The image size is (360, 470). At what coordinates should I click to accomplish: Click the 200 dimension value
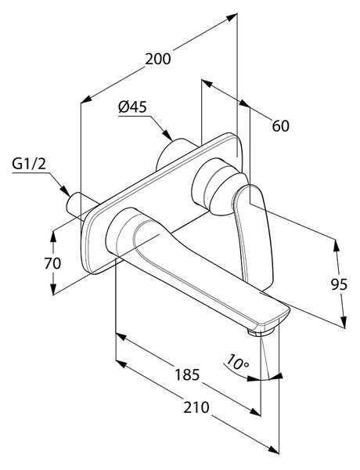click(x=158, y=59)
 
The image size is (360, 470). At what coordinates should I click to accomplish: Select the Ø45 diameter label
click(x=132, y=107)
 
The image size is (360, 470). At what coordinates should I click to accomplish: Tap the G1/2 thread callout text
click(x=29, y=164)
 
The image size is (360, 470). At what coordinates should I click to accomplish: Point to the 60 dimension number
click(x=281, y=126)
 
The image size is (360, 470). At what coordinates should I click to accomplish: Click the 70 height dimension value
click(x=52, y=263)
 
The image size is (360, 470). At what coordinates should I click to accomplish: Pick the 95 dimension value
click(x=339, y=284)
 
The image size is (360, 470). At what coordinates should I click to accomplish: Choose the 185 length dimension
click(x=187, y=374)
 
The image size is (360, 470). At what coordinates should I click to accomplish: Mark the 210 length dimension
click(x=196, y=407)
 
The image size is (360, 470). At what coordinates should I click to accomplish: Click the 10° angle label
click(x=237, y=362)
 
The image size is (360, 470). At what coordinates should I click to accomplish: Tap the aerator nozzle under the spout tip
click(x=261, y=332)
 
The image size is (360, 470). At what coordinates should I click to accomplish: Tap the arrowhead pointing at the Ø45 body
click(x=167, y=135)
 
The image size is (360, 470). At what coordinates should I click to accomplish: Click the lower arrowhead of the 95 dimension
click(x=344, y=322)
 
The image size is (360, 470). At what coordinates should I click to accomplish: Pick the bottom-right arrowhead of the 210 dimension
click(x=273, y=457)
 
